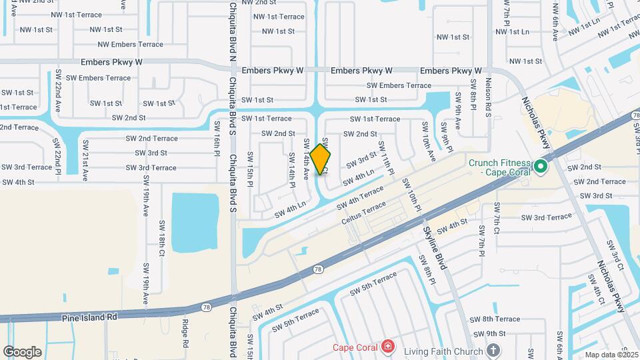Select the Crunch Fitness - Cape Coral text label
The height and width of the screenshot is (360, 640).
[x=499, y=167]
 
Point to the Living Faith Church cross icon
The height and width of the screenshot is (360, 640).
[x=493, y=349]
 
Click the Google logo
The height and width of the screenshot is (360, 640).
[x=22, y=351]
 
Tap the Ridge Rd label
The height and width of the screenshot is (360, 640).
[x=185, y=333]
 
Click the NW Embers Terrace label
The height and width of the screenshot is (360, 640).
[x=130, y=45]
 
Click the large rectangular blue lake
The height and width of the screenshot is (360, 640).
[x=195, y=214]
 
